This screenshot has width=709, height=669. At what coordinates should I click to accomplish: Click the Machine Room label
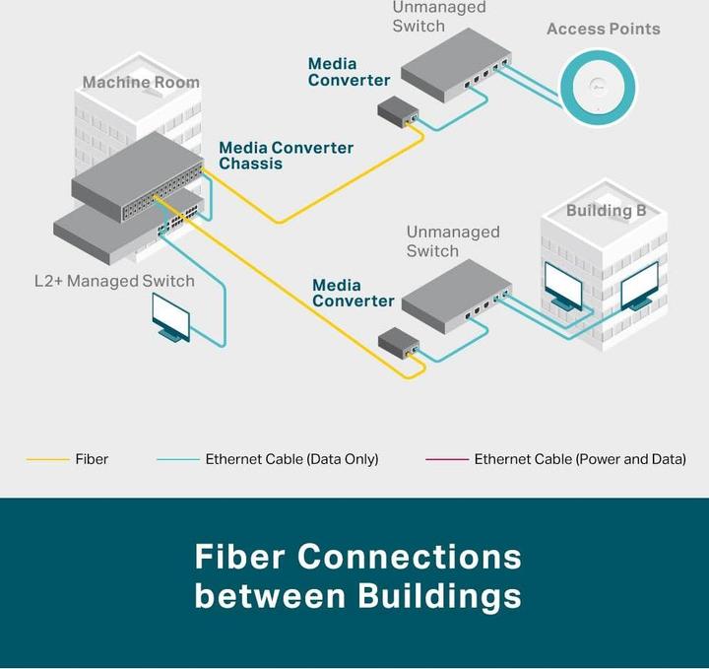pyautogui.click(x=141, y=83)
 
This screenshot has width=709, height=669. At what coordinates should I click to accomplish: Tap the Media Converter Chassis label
pyautogui.click(x=286, y=156)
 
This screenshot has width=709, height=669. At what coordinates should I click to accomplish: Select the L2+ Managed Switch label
pyautogui.click(x=114, y=282)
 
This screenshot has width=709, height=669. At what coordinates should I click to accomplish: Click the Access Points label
pyautogui.click(x=603, y=30)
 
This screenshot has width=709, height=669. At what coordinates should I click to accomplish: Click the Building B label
pyautogui.click(x=599, y=211)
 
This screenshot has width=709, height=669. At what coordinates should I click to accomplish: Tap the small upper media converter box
pyautogui.click(x=398, y=110)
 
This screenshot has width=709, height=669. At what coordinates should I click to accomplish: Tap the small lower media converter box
pyautogui.click(x=400, y=342)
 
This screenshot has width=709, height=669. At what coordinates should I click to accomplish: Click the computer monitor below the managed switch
pyautogui.click(x=170, y=317)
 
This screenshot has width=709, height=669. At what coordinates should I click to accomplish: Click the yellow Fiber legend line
pyautogui.click(x=46, y=460)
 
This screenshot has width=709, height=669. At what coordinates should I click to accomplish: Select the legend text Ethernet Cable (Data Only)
pyautogui.click(x=291, y=460)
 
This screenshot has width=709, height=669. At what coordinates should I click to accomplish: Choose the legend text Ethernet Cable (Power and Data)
pyautogui.click(x=580, y=460)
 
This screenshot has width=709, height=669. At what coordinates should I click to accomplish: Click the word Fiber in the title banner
pyautogui.click(x=239, y=557)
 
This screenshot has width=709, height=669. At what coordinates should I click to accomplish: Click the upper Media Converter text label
pyautogui.click(x=349, y=72)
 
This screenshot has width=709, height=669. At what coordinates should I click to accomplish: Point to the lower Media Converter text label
pyautogui.click(x=353, y=294)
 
